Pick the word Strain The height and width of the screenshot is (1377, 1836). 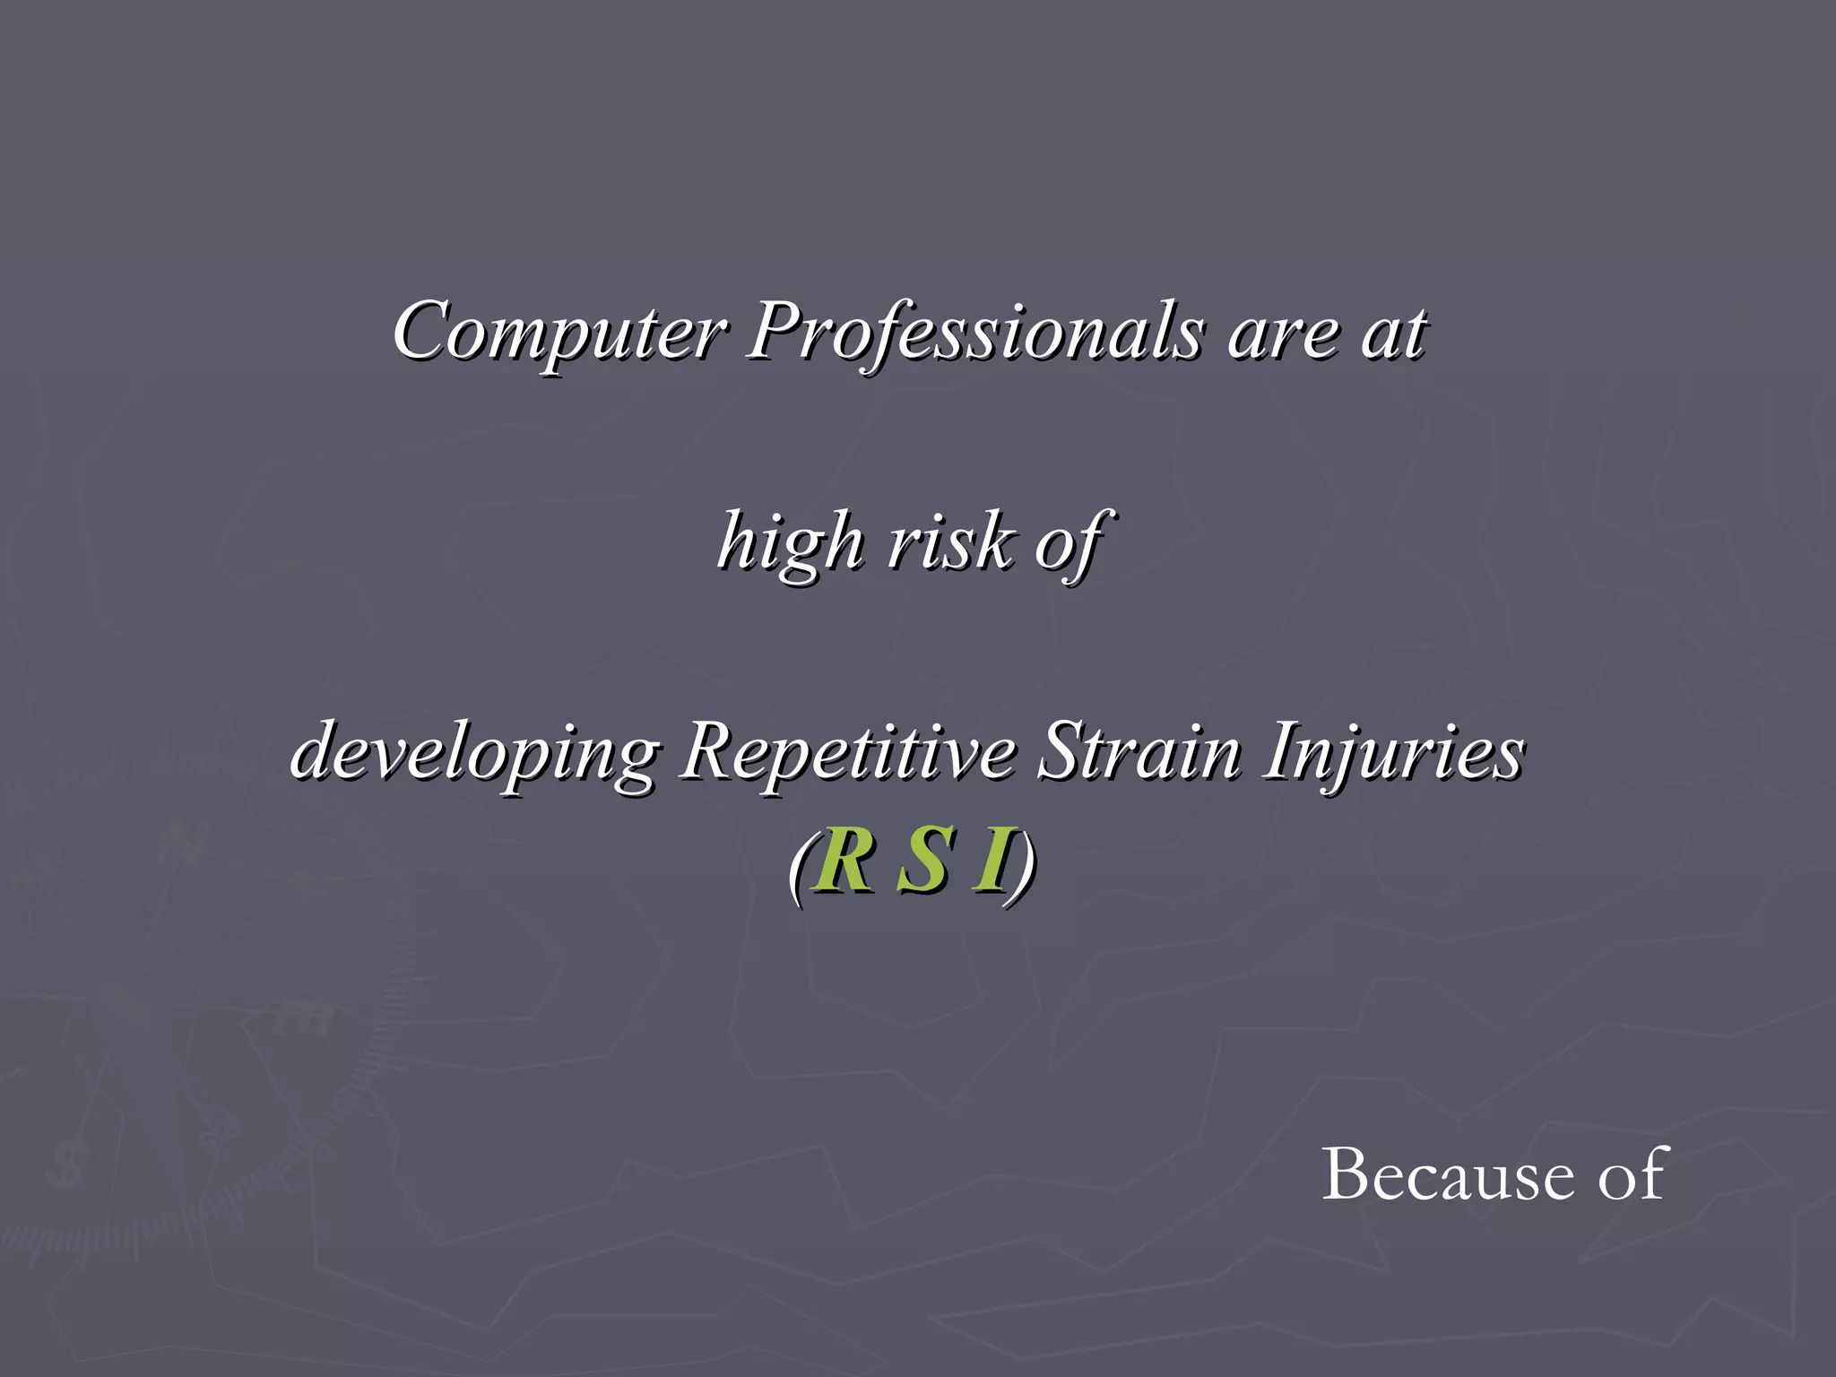[x=1138, y=751]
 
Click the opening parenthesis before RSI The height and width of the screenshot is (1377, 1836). [x=799, y=866]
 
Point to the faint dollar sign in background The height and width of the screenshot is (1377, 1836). [x=65, y=1165]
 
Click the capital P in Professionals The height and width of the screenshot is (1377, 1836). [x=775, y=330]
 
